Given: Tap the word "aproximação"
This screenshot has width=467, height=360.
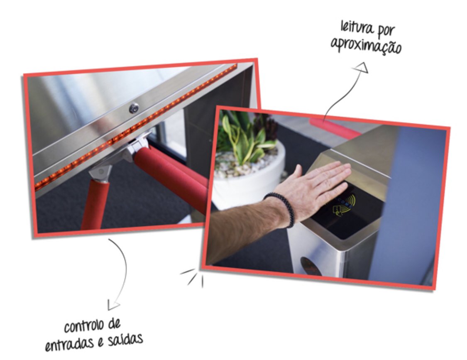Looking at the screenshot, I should pos(366,46).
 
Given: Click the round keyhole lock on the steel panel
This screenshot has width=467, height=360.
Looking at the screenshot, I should pos(134,108).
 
